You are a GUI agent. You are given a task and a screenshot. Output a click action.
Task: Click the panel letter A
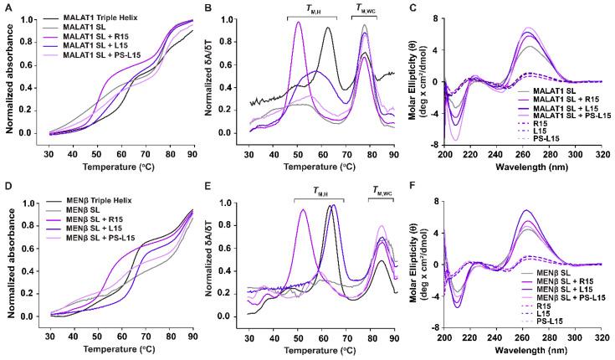tap(7, 7)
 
